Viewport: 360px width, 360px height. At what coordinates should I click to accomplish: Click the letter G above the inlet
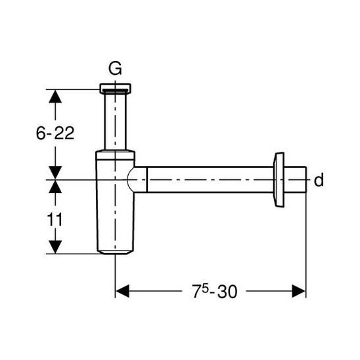pyautogui.click(x=115, y=68)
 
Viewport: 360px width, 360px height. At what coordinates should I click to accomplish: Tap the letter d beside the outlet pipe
pyautogui.click(x=319, y=180)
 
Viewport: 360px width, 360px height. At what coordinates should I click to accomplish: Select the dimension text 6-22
pyautogui.click(x=55, y=133)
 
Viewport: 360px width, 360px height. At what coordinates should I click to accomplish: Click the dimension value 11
pyautogui.click(x=55, y=219)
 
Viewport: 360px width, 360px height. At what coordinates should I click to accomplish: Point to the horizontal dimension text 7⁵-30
pyautogui.click(x=214, y=291)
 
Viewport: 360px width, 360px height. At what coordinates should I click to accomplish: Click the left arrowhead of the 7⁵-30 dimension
pyautogui.click(x=122, y=291)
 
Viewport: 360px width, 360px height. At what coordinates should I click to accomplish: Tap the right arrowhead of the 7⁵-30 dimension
pyautogui.click(x=299, y=291)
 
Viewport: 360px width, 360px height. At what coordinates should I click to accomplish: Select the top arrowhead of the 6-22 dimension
pyautogui.click(x=55, y=97)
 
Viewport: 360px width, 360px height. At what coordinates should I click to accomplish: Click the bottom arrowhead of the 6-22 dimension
pyautogui.click(x=55, y=173)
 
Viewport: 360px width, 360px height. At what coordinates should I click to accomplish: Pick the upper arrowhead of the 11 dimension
pyautogui.click(x=55, y=187)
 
